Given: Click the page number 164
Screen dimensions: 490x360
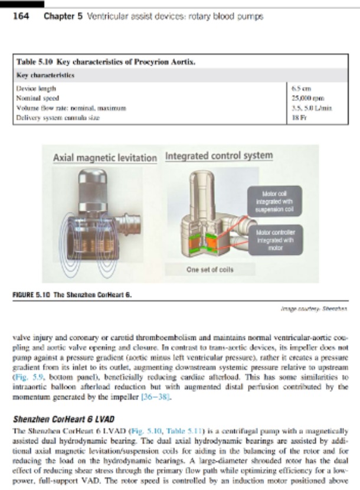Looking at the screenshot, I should pyautogui.click(x=22, y=16).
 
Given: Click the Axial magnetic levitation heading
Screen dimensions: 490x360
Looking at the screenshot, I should pyautogui.click(x=104, y=158).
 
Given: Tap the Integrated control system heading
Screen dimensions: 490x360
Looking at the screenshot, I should pyautogui.click(x=219, y=156).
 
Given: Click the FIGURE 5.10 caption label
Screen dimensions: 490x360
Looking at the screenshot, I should pyautogui.click(x=34, y=294).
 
